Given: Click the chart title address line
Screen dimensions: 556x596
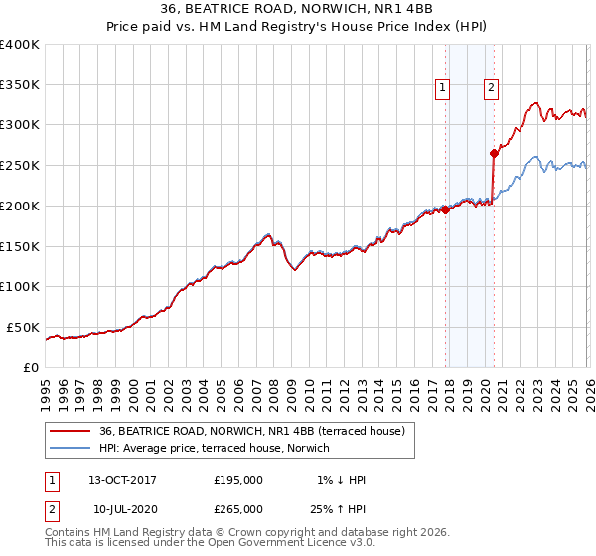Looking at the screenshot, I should coord(297,9).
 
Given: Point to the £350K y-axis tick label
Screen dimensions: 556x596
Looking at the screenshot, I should coord(20,84).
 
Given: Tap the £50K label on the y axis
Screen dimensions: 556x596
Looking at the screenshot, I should coord(23,327).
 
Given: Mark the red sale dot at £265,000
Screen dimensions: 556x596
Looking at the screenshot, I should coord(493,153).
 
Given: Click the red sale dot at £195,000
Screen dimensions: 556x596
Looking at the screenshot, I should coord(445,209).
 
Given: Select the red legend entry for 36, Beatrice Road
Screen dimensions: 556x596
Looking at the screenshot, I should coord(251,432).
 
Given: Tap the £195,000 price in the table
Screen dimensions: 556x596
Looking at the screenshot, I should coord(238,480).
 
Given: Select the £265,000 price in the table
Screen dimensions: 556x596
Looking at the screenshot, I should coord(238,509).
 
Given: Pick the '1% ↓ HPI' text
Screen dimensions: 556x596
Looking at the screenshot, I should coord(342,480).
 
